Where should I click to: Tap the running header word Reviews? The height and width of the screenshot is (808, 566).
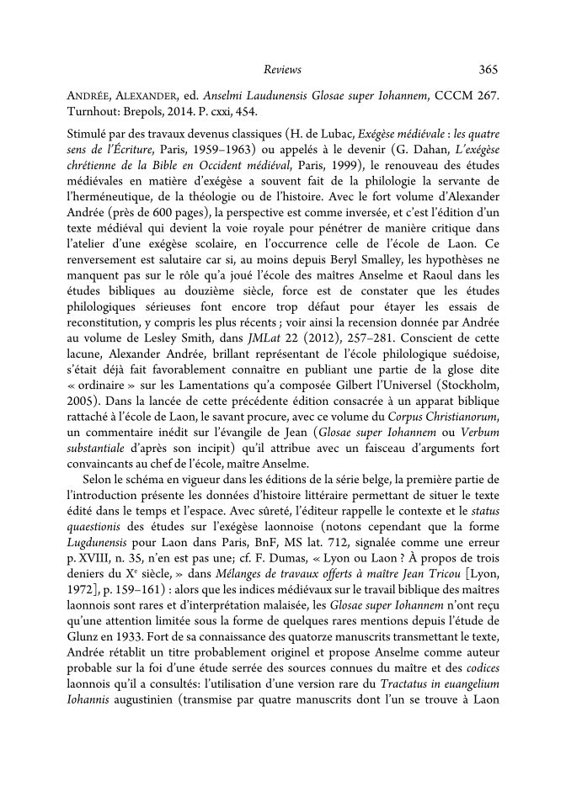(282, 70)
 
